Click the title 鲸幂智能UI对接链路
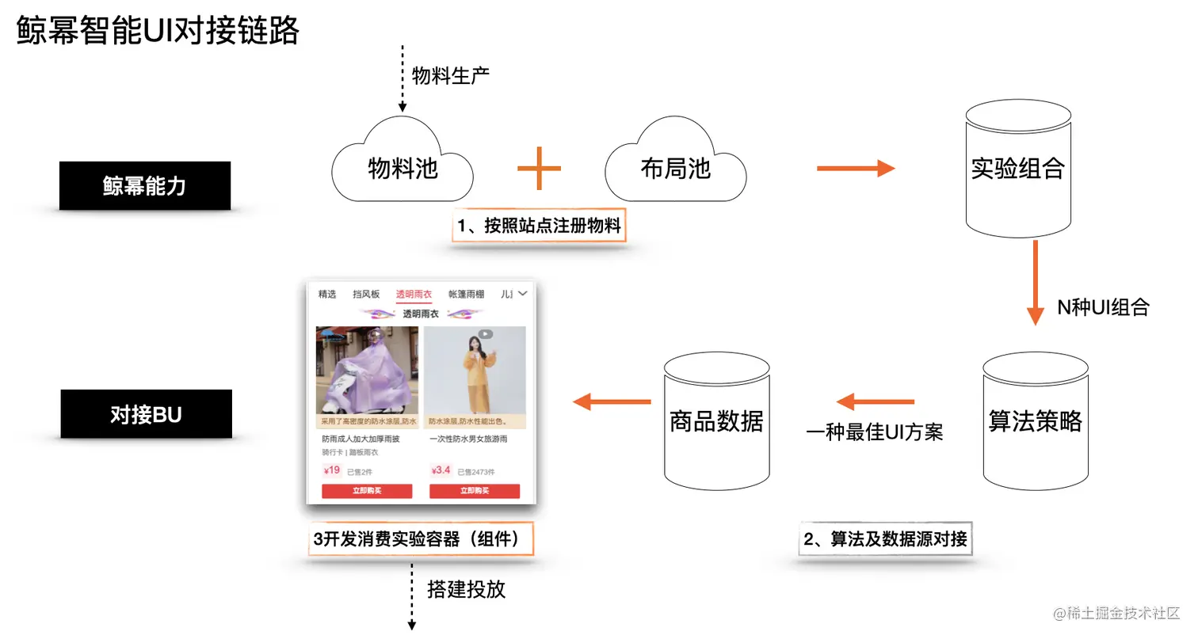(158, 32)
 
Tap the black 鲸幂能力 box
(144, 186)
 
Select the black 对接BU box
(146, 414)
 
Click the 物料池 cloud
(403, 167)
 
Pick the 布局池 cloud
(675, 168)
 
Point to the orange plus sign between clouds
(539, 168)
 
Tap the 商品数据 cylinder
(716, 421)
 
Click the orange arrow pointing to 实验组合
(855, 168)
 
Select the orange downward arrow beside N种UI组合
(1035, 282)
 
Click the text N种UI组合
(1103, 308)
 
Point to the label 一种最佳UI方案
(875, 433)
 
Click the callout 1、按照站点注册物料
(540, 226)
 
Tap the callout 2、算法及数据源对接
(885, 540)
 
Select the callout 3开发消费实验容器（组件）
(421, 539)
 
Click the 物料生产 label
(450, 77)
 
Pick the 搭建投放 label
(466, 589)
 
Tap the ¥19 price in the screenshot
(331, 470)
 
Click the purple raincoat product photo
(367, 370)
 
